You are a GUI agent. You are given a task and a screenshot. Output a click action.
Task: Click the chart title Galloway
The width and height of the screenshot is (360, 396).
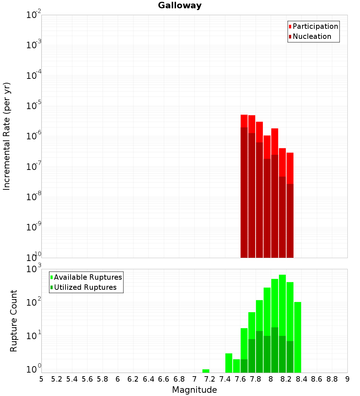pos(180,5)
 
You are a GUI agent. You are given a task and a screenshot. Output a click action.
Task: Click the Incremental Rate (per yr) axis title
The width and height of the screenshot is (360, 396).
pos(7,136)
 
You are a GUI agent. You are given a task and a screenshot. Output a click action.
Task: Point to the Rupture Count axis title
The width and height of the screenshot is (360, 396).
pos(14,321)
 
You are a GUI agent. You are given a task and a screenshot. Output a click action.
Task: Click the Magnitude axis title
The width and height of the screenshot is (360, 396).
pos(194,390)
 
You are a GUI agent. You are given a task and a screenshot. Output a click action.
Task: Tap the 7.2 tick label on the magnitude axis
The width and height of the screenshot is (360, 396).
pos(210,379)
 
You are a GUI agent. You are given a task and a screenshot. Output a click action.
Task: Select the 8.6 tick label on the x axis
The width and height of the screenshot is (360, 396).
pos(317,379)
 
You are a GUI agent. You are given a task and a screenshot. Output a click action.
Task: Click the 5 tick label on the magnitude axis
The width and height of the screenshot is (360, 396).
pos(41,379)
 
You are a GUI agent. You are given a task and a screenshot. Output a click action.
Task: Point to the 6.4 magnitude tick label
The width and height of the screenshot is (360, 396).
pos(148,379)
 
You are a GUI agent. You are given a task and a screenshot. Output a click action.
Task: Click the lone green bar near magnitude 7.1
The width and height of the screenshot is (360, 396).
pos(206,371)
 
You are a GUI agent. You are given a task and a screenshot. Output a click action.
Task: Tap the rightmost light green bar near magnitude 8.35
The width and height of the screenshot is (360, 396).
pos(298,337)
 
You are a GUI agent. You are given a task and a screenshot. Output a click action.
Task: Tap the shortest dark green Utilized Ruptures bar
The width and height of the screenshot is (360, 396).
pos(244,366)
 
